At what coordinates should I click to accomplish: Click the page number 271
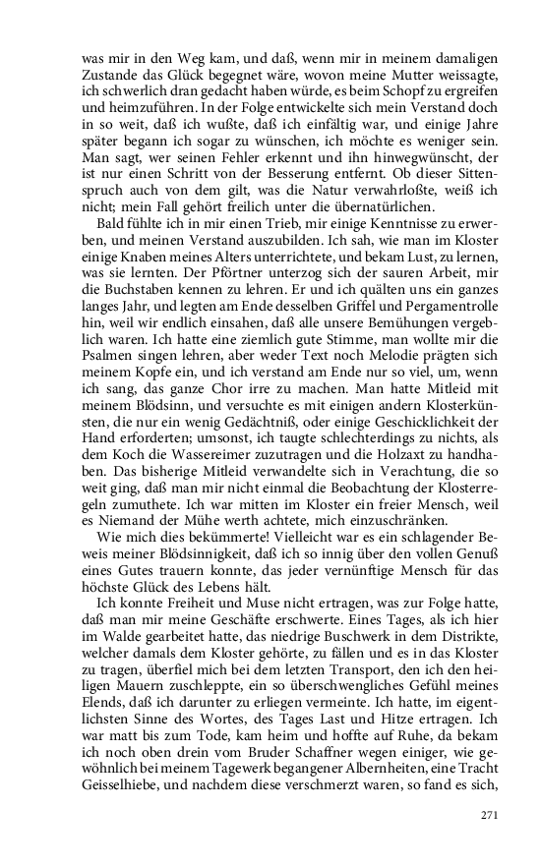490,814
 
